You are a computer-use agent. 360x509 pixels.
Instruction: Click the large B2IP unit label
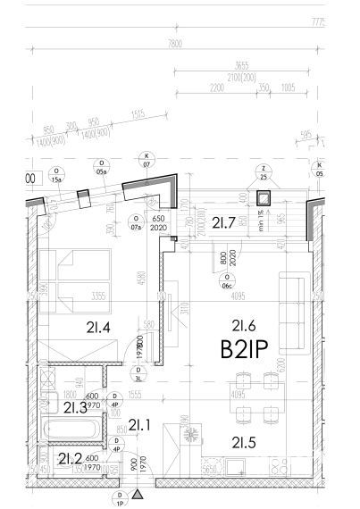pos(245,348)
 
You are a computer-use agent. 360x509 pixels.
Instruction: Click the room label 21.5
pos(244,441)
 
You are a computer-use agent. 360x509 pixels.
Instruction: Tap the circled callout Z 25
pos(264,172)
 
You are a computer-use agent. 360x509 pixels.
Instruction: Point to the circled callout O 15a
pos(57,175)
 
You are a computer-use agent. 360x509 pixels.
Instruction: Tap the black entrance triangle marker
pos(138,493)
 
